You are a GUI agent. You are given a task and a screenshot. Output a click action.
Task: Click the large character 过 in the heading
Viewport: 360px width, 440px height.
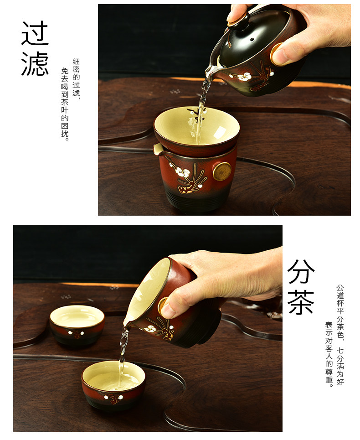tap(35, 33)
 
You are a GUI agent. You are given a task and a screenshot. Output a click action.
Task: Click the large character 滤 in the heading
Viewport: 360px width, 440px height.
tap(35, 63)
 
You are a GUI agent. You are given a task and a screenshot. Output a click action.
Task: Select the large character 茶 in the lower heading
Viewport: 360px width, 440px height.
tap(301, 302)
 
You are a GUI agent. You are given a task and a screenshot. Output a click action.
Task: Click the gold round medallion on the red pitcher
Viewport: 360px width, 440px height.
tap(222, 171)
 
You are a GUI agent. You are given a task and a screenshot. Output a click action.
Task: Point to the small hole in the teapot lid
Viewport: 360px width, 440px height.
tap(252, 40)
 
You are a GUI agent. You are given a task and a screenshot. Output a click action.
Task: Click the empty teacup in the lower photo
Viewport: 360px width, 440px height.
tap(77, 325)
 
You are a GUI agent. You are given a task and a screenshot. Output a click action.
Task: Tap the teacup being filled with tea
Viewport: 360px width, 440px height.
tap(113, 384)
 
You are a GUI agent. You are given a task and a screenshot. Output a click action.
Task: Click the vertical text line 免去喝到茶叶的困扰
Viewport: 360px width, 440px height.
tap(65, 104)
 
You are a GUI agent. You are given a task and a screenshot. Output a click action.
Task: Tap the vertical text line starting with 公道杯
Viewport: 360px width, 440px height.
tap(340, 335)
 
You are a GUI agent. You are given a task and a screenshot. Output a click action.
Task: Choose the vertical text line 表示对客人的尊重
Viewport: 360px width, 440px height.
tap(329, 354)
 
